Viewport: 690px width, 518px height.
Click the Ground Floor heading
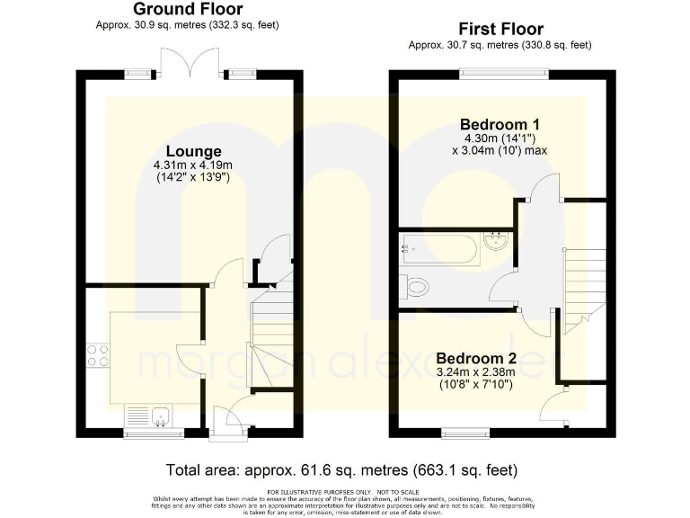[188, 9]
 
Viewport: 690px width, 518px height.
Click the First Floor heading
[500, 29]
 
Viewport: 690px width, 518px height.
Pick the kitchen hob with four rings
[97, 354]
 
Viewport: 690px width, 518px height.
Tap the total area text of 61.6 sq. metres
[342, 470]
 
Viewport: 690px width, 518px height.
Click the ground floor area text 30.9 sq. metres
[188, 25]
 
